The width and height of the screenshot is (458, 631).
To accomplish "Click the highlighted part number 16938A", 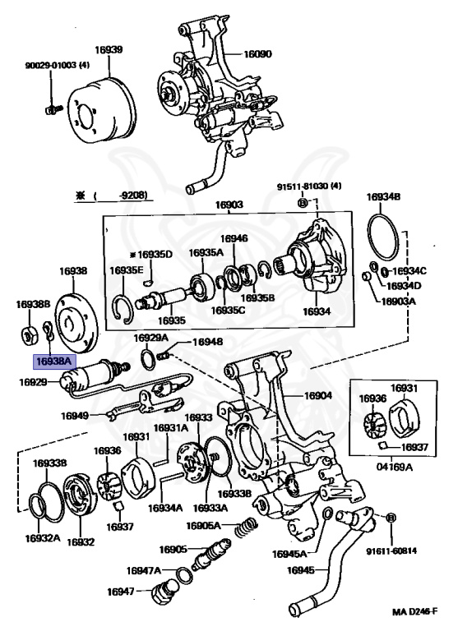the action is [53, 361].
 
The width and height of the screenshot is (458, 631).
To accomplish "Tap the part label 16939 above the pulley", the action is [109, 50].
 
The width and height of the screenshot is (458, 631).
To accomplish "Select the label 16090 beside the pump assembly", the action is [258, 53].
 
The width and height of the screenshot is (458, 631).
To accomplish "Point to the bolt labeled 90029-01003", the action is [52, 109].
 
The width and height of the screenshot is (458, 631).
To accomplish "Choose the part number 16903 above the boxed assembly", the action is [229, 205].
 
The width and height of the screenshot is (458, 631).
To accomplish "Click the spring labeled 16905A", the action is [246, 527].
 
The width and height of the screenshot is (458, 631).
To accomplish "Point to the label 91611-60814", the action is [391, 550].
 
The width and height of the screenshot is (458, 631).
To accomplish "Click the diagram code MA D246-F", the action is [415, 611].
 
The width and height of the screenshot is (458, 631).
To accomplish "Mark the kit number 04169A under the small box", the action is [395, 467].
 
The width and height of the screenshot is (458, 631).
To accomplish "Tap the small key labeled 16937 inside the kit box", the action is [383, 444].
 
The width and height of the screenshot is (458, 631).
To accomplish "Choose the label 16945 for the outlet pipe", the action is [301, 570].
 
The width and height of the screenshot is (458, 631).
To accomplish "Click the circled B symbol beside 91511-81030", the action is [303, 202].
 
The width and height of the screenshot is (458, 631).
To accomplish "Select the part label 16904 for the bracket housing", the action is [318, 395].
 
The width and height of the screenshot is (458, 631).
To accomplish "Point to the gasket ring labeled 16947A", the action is [184, 574].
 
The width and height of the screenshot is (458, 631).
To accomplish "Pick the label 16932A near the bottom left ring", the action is [43, 538].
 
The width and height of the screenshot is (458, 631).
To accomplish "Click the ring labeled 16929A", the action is [148, 358].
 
